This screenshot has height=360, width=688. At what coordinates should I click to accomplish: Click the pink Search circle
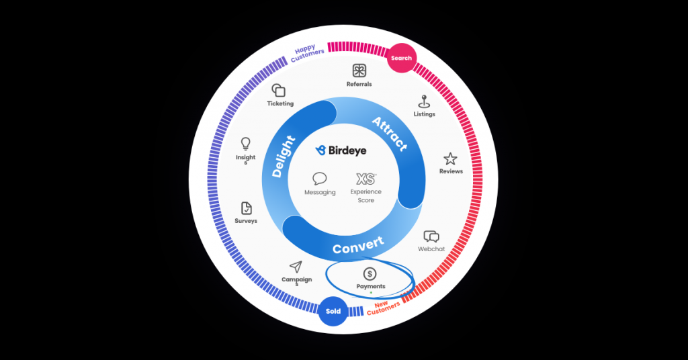click(401, 58)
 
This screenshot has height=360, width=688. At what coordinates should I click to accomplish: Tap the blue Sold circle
click(333, 311)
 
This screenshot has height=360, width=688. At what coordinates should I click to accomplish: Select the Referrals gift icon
click(359, 71)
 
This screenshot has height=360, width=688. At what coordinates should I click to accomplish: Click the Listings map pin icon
click(424, 101)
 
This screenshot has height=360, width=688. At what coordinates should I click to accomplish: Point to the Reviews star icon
click(450, 159)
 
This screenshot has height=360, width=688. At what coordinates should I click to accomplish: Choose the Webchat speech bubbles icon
click(431, 236)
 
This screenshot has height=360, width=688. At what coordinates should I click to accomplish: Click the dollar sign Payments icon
click(370, 274)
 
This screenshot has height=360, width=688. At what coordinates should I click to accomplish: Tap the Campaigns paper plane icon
click(296, 267)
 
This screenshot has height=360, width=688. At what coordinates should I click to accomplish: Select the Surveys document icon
click(246, 208)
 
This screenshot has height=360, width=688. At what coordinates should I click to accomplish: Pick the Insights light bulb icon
click(246, 144)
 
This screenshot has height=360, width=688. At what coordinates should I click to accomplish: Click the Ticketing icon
click(279, 91)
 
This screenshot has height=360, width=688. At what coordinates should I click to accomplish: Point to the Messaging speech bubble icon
click(320, 179)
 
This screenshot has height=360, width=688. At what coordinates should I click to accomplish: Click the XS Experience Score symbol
click(365, 179)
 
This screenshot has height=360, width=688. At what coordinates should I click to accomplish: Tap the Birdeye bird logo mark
click(320, 150)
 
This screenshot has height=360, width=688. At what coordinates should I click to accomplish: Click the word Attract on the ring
click(390, 134)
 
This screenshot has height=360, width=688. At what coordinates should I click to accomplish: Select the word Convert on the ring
click(358, 246)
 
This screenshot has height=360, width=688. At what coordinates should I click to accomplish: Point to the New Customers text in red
click(384, 308)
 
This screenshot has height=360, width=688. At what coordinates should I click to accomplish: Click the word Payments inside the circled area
click(371, 287)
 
